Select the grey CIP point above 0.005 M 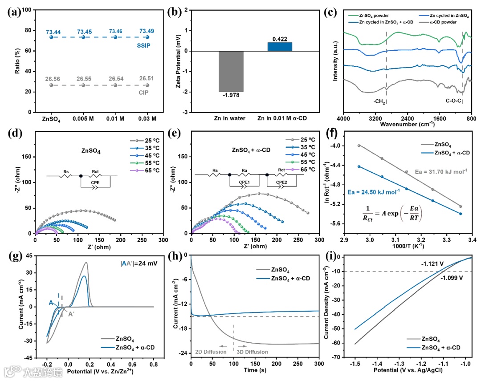coord(83,85)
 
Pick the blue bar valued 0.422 coord(280,47)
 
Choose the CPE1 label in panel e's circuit coord(236,182)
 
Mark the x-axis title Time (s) coord(255,370)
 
